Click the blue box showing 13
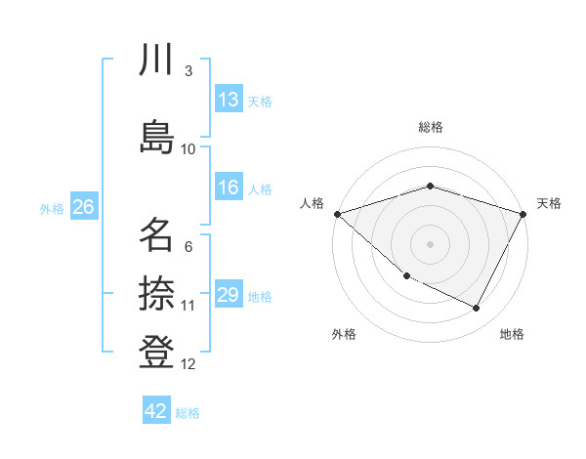229,100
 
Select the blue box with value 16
229,188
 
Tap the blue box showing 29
229,296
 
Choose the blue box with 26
83,207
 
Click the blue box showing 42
156,411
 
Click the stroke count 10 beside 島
188,149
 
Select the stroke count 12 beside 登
188,365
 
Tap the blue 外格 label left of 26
52,208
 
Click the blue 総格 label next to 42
188,413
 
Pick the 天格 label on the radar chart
549,203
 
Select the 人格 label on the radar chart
312,203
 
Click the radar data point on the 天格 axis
523,214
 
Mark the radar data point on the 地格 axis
477,309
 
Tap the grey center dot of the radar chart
430,243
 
